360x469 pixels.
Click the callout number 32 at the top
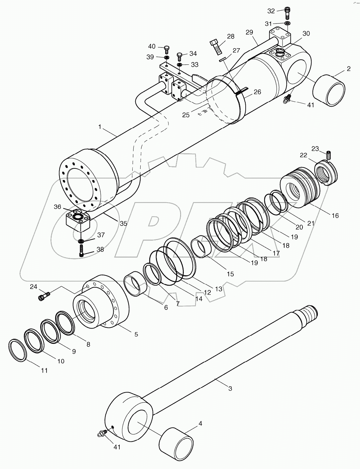271,11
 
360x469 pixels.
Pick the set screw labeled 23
329,155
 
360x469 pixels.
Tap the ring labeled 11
17,350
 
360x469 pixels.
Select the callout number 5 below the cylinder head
136,334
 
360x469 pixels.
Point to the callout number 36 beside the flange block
58,207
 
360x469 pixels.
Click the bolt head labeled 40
167,49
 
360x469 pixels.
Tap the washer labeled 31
287,23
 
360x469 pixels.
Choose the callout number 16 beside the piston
335,216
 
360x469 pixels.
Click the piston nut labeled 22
326,171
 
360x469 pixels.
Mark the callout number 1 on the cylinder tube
99,127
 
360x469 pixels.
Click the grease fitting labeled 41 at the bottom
101,432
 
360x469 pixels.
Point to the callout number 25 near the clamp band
186,115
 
